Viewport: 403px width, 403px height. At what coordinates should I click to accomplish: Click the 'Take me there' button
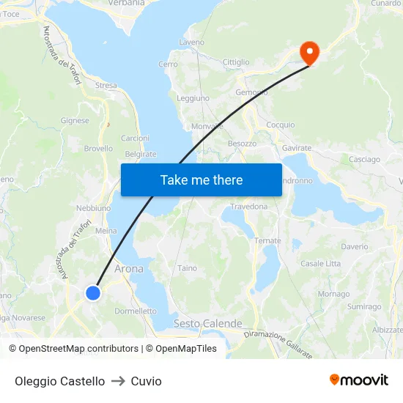[x=202, y=180]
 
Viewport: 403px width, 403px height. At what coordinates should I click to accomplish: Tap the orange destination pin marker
[x=308, y=51]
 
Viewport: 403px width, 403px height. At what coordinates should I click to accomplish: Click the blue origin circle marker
[x=93, y=292]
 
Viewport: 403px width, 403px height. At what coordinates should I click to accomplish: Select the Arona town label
[x=129, y=269]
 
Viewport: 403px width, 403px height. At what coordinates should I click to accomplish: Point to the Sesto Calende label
[x=207, y=323]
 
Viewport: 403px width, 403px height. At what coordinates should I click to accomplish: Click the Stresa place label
[x=106, y=86]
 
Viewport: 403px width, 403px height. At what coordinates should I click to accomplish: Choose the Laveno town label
[x=191, y=42]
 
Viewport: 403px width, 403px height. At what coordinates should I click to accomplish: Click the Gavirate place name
[x=297, y=147]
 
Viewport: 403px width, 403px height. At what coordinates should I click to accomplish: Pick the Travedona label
[x=249, y=207]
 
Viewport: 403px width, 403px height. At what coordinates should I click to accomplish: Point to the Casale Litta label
[x=320, y=263]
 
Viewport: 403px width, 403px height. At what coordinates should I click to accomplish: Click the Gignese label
[x=75, y=121]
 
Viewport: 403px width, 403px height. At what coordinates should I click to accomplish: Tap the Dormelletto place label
[x=136, y=311]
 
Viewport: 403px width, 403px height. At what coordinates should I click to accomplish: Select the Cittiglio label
[x=236, y=62]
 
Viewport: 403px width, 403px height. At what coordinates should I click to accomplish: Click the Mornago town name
[x=333, y=294]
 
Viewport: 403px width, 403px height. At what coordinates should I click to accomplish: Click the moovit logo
[x=358, y=380]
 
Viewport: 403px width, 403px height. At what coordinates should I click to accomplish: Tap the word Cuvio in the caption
[x=146, y=381]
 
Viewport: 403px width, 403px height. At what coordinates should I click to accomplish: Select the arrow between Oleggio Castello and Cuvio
[x=118, y=381]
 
